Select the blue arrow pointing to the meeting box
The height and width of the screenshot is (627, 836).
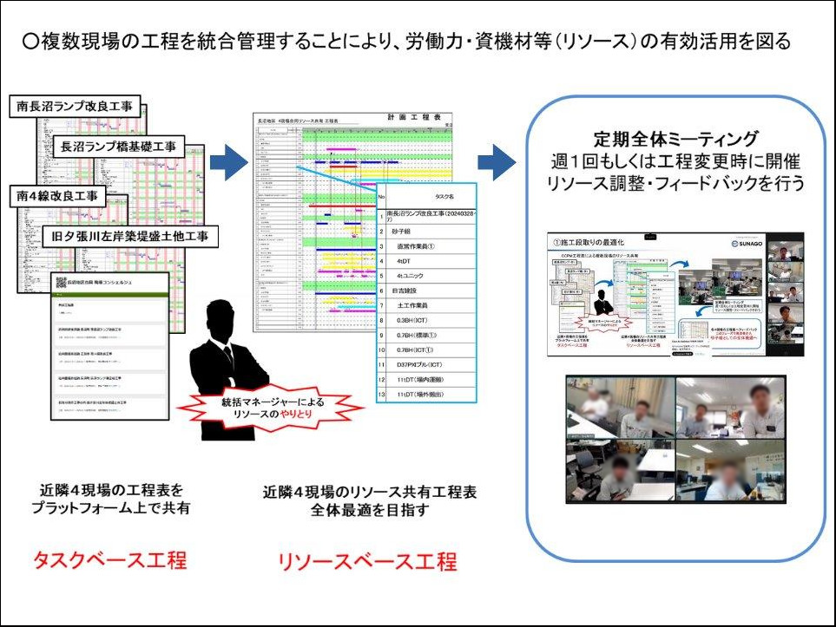[496, 161]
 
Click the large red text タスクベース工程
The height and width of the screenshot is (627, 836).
[109, 560]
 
